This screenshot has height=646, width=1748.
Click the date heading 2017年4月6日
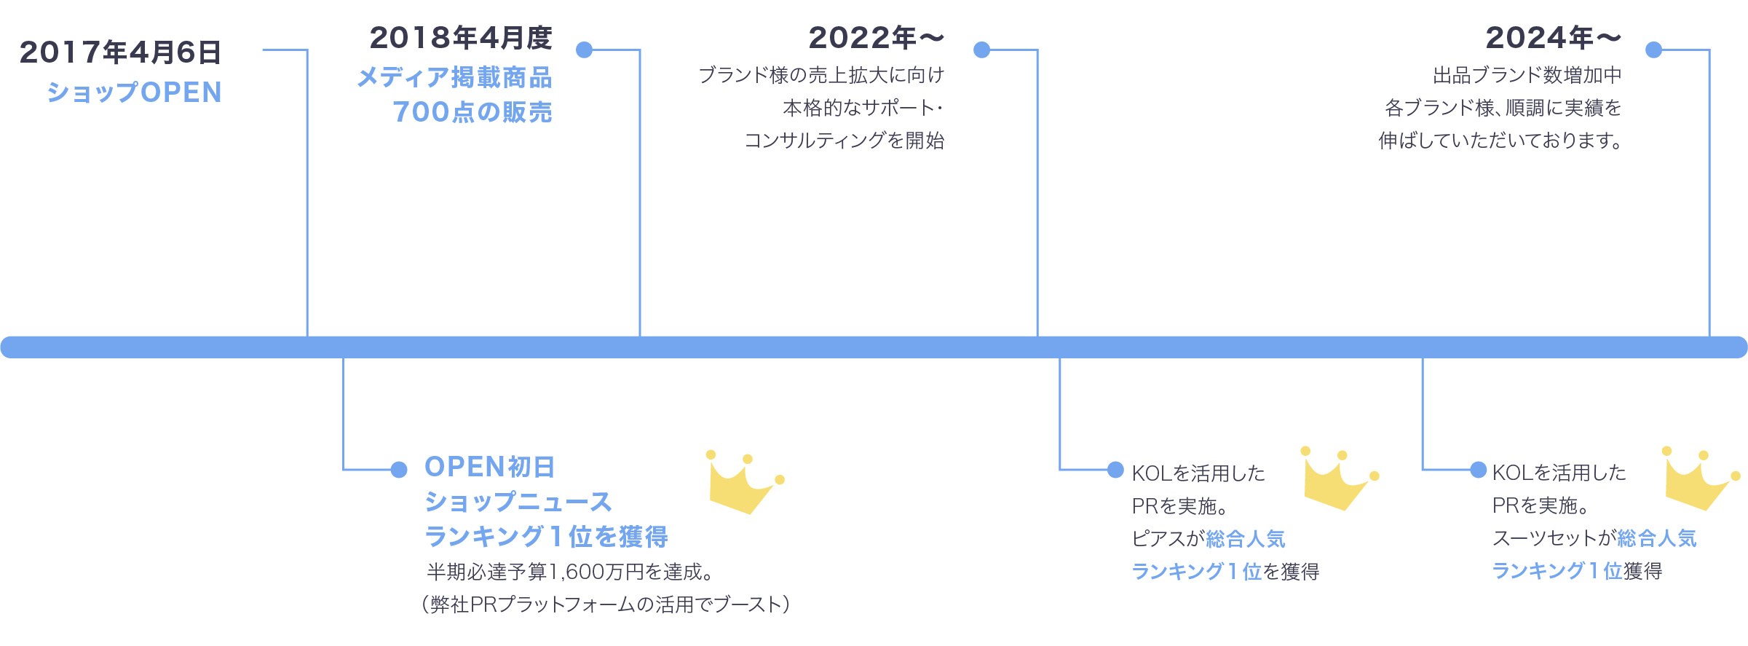tap(120, 52)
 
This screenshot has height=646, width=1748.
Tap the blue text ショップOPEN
tap(135, 92)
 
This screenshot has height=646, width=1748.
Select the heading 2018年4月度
tap(461, 38)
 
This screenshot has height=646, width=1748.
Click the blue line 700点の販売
tap(472, 112)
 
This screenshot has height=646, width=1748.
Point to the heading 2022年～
tap(876, 38)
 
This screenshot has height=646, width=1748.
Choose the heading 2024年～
tap(1553, 38)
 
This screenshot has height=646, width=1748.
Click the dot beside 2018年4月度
tap(584, 50)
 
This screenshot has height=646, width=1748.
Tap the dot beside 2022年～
tap(982, 50)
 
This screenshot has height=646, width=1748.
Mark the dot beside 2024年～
tap(1654, 50)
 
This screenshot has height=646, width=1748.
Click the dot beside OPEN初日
tap(399, 470)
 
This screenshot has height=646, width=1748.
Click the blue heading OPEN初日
tap(489, 467)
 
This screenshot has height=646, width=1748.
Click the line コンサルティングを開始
tap(845, 140)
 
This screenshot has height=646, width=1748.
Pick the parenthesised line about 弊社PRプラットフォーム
tap(606, 604)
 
